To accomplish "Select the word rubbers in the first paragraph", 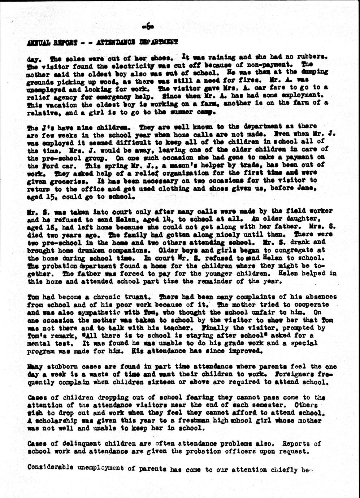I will tap(313, 57).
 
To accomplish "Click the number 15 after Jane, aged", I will tap(47, 197).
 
